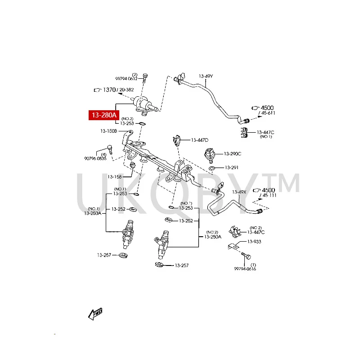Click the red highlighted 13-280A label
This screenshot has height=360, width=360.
tap(104, 116)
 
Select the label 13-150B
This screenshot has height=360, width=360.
tap(108, 131)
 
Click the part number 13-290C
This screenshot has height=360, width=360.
tap(233, 154)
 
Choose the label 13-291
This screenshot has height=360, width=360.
tap(231, 168)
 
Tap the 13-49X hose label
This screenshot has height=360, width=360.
tap(239, 192)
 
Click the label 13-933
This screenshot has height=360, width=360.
tap(253, 242)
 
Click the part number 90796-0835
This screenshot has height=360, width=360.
tap(95, 158)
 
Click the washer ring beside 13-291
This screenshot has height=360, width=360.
tap(211, 168)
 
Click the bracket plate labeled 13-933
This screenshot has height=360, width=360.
tap(233, 247)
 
